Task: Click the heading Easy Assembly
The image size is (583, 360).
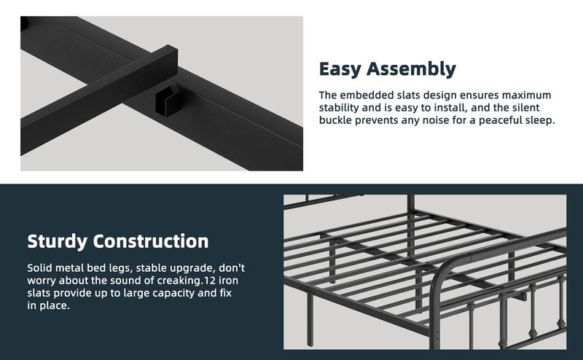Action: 387,69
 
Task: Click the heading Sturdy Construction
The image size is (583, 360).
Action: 118,241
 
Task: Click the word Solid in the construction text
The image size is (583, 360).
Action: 41,267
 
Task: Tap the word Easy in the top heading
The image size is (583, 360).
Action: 343,69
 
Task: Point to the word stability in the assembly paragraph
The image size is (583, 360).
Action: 343,108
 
